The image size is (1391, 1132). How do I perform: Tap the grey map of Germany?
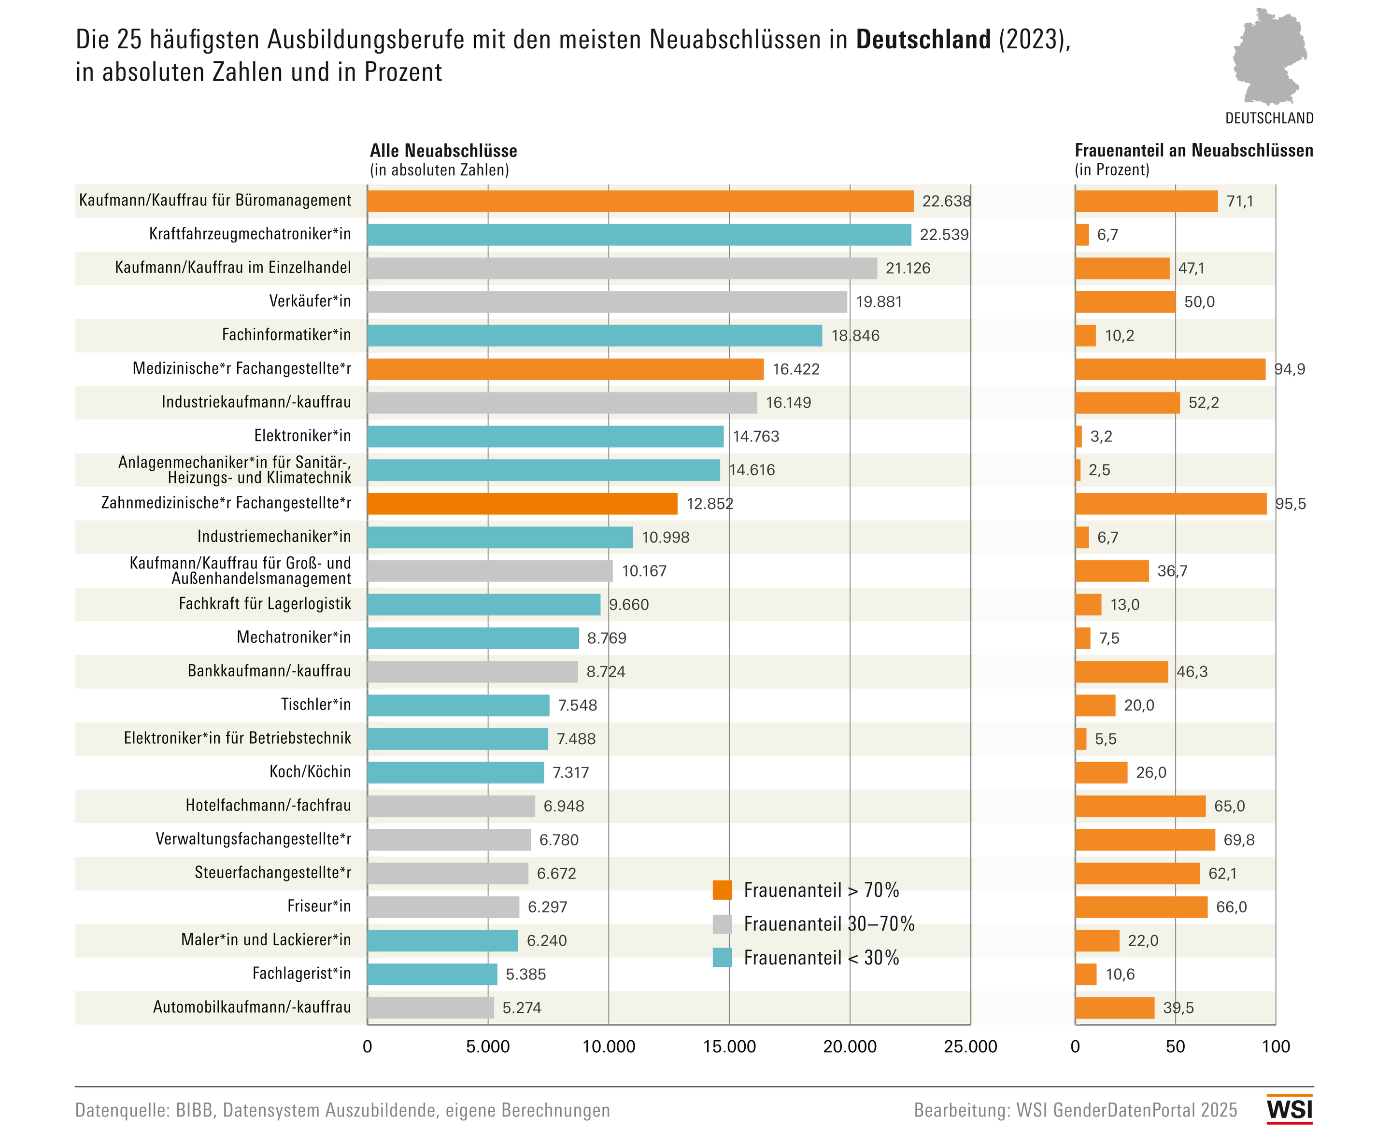click(1268, 57)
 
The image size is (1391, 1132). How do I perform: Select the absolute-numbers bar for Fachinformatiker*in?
click(594, 335)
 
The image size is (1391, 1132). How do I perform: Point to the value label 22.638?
click(946, 201)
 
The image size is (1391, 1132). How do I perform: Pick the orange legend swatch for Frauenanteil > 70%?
click(722, 890)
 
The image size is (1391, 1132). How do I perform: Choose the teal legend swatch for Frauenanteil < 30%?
click(722, 957)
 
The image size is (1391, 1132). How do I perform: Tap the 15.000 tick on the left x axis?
click(729, 1047)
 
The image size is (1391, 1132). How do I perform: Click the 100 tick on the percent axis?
click(1276, 1047)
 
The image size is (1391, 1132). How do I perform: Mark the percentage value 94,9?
click(1289, 369)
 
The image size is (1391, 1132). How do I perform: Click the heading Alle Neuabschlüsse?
click(443, 151)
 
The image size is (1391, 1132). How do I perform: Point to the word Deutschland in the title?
click(923, 40)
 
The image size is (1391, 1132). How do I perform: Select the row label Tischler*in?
click(316, 704)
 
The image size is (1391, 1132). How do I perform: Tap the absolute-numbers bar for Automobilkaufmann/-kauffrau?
click(430, 1007)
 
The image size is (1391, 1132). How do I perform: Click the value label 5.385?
click(525, 974)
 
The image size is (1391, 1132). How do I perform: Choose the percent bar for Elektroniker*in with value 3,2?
click(1079, 436)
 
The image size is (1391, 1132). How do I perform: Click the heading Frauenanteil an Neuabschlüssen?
click(1193, 151)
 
